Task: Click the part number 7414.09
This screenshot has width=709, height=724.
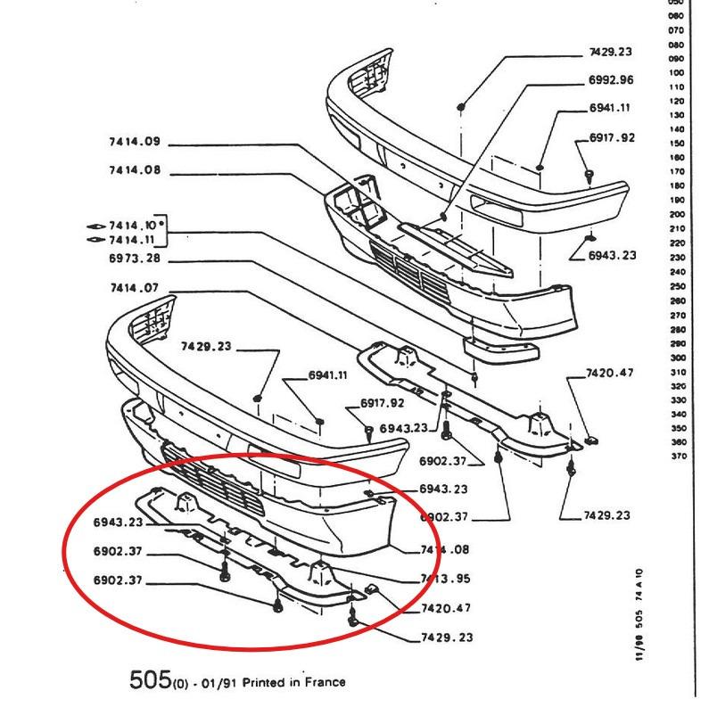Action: tap(134, 142)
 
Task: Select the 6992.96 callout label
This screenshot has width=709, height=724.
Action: tap(611, 80)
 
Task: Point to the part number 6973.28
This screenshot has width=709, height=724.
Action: tap(134, 259)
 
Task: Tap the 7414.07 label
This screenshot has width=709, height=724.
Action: tap(134, 288)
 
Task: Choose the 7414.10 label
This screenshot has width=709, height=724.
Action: tap(132, 226)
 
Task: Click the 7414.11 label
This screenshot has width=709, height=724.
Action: tap(132, 241)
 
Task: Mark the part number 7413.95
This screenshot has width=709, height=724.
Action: tap(446, 579)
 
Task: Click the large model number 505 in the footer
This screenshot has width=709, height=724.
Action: tap(150, 680)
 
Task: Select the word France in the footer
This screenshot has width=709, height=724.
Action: tap(325, 682)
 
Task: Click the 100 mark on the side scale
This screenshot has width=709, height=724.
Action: tap(675, 73)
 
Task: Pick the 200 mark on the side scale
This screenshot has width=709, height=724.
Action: tap(675, 215)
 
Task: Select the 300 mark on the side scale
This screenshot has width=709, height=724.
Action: tap(675, 358)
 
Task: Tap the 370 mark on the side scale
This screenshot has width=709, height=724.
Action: tap(675, 457)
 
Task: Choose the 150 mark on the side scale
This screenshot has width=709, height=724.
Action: tap(675, 144)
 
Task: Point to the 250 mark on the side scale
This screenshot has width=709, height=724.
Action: tap(675, 286)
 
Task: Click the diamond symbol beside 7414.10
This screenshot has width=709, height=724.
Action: tap(95, 226)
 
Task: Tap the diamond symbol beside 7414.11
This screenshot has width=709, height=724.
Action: tap(95, 241)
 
